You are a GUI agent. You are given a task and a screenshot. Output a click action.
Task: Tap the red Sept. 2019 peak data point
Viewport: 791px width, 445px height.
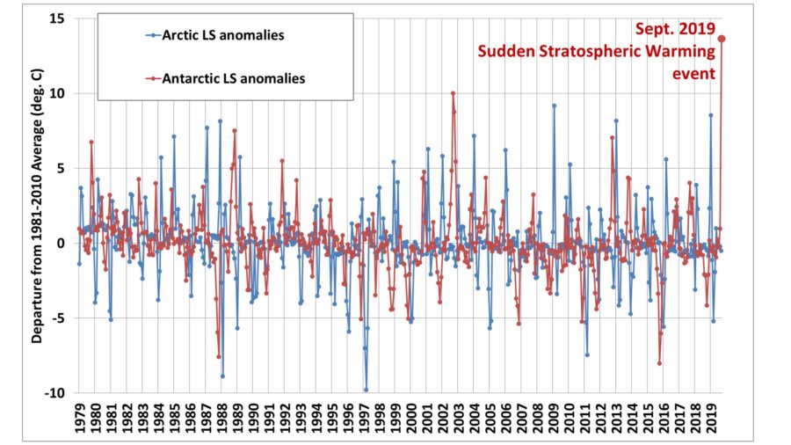click(x=722, y=38)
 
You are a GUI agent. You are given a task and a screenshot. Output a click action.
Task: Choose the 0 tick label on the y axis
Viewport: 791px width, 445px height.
click(x=62, y=244)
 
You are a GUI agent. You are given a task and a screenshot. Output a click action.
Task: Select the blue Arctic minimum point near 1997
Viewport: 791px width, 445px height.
click(x=366, y=390)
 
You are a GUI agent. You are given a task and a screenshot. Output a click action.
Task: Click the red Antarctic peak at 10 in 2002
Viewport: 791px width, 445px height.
click(x=453, y=92)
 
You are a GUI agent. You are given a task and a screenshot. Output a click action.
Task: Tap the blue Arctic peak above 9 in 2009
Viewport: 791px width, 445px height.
click(x=554, y=106)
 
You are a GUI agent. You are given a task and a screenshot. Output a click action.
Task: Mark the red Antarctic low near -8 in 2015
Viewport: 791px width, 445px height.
click(x=659, y=363)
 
